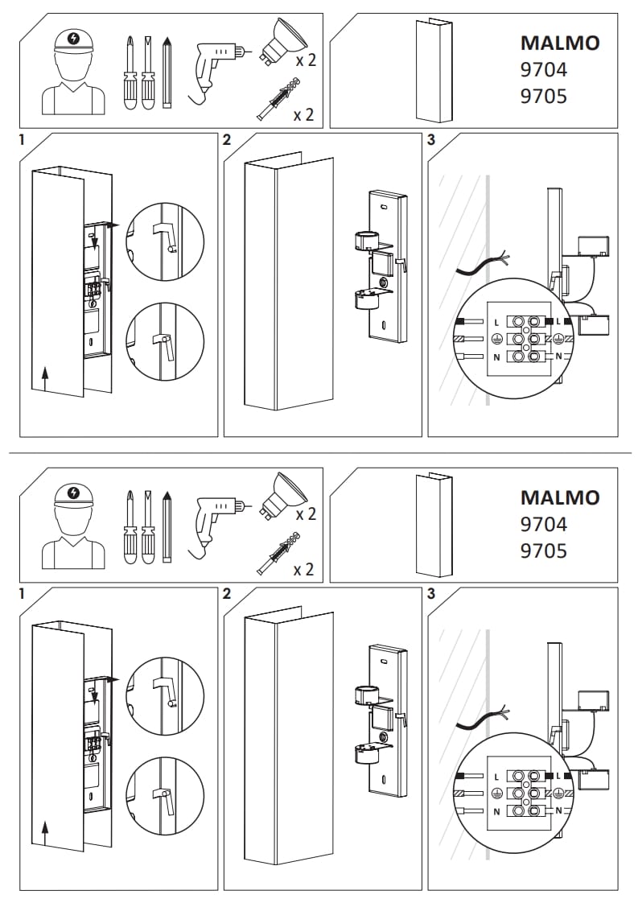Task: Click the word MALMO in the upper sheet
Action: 560,43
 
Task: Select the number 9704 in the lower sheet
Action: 544,524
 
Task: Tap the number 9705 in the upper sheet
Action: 544,97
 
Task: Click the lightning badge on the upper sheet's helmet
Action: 75,38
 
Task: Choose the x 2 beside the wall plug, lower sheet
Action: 303,570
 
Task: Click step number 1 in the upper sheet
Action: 23,140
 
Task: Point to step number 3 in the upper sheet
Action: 431,140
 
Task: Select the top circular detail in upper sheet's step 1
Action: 165,241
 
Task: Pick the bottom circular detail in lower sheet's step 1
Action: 165,795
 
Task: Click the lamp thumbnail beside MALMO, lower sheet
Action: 434,526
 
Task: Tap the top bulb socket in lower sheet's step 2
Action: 367,694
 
